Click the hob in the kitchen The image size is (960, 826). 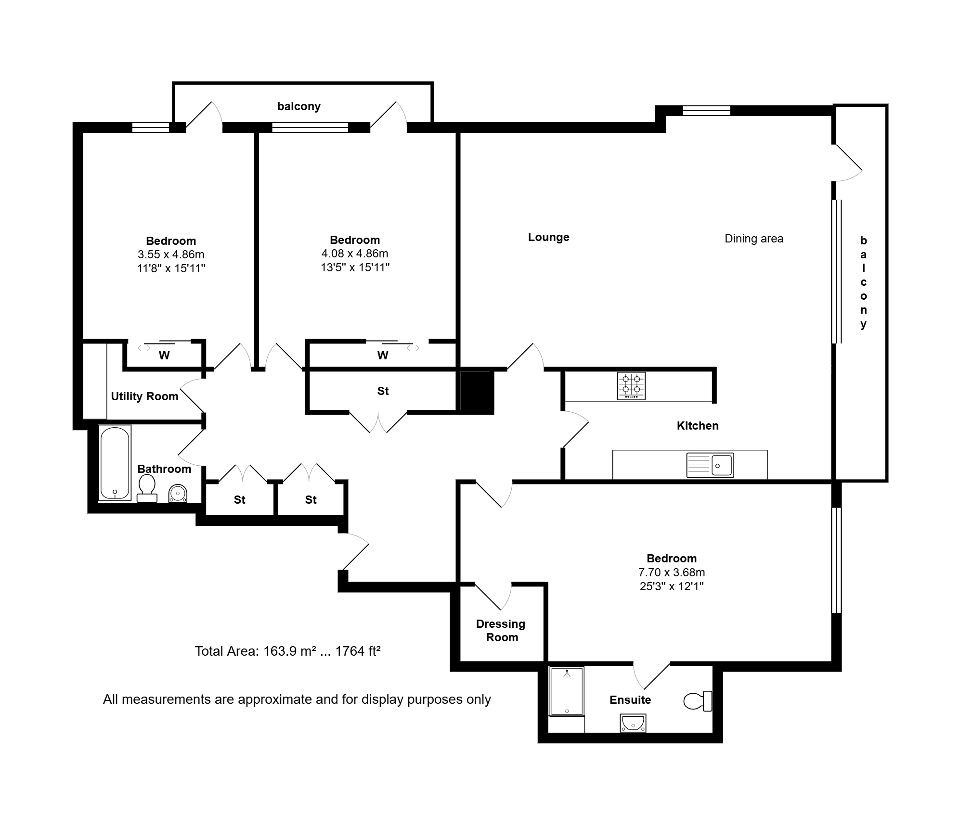click(x=631, y=386)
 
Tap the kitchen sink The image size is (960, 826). click(x=710, y=465)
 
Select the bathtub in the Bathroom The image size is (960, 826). click(x=115, y=463)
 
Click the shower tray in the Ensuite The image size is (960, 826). click(x=567, y=691)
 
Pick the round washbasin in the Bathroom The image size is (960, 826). click(x=178, y=494)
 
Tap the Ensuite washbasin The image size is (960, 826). click(x=633, y=723)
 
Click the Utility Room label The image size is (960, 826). click(x=144, y=396)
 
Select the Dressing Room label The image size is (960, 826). click(x=501, y=631)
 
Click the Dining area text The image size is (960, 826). click(x=754, y=239)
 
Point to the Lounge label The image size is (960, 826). click(x=549, y=237)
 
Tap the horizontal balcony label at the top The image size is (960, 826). click(x=299, y=106)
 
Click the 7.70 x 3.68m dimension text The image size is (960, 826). click(x=672, y=572)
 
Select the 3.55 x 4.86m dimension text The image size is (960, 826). click(x=171, y=254)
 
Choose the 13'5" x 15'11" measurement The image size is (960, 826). click(x=355, y=267)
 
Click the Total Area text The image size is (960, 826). click(x=287, y=651)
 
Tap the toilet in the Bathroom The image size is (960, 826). click(x=147, y=488)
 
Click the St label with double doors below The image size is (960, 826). click(x=383, y=391)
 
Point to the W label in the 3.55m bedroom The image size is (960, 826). click(x=164, y=356)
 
